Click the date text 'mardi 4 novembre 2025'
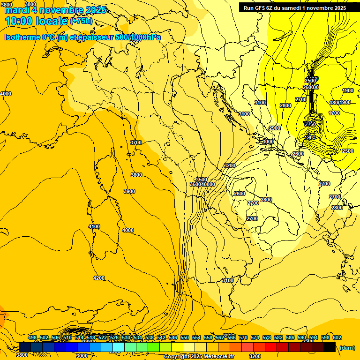(55, 10)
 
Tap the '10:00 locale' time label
(36, 21)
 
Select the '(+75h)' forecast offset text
(82, 21)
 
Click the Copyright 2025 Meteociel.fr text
(199, 357)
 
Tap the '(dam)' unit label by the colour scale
(347, 348)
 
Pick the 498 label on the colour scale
(32, 337)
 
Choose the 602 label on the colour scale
(337, 337)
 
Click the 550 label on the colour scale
(185, 337)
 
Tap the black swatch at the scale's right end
(329, 347)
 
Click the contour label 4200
(99, 278)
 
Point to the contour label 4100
(94, 226)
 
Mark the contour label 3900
(129, 191)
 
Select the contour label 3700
(136, 142)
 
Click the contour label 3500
(202, 180)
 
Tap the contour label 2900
(275, 128)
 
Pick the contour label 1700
(334, 113)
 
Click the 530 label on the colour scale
(126, 337)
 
